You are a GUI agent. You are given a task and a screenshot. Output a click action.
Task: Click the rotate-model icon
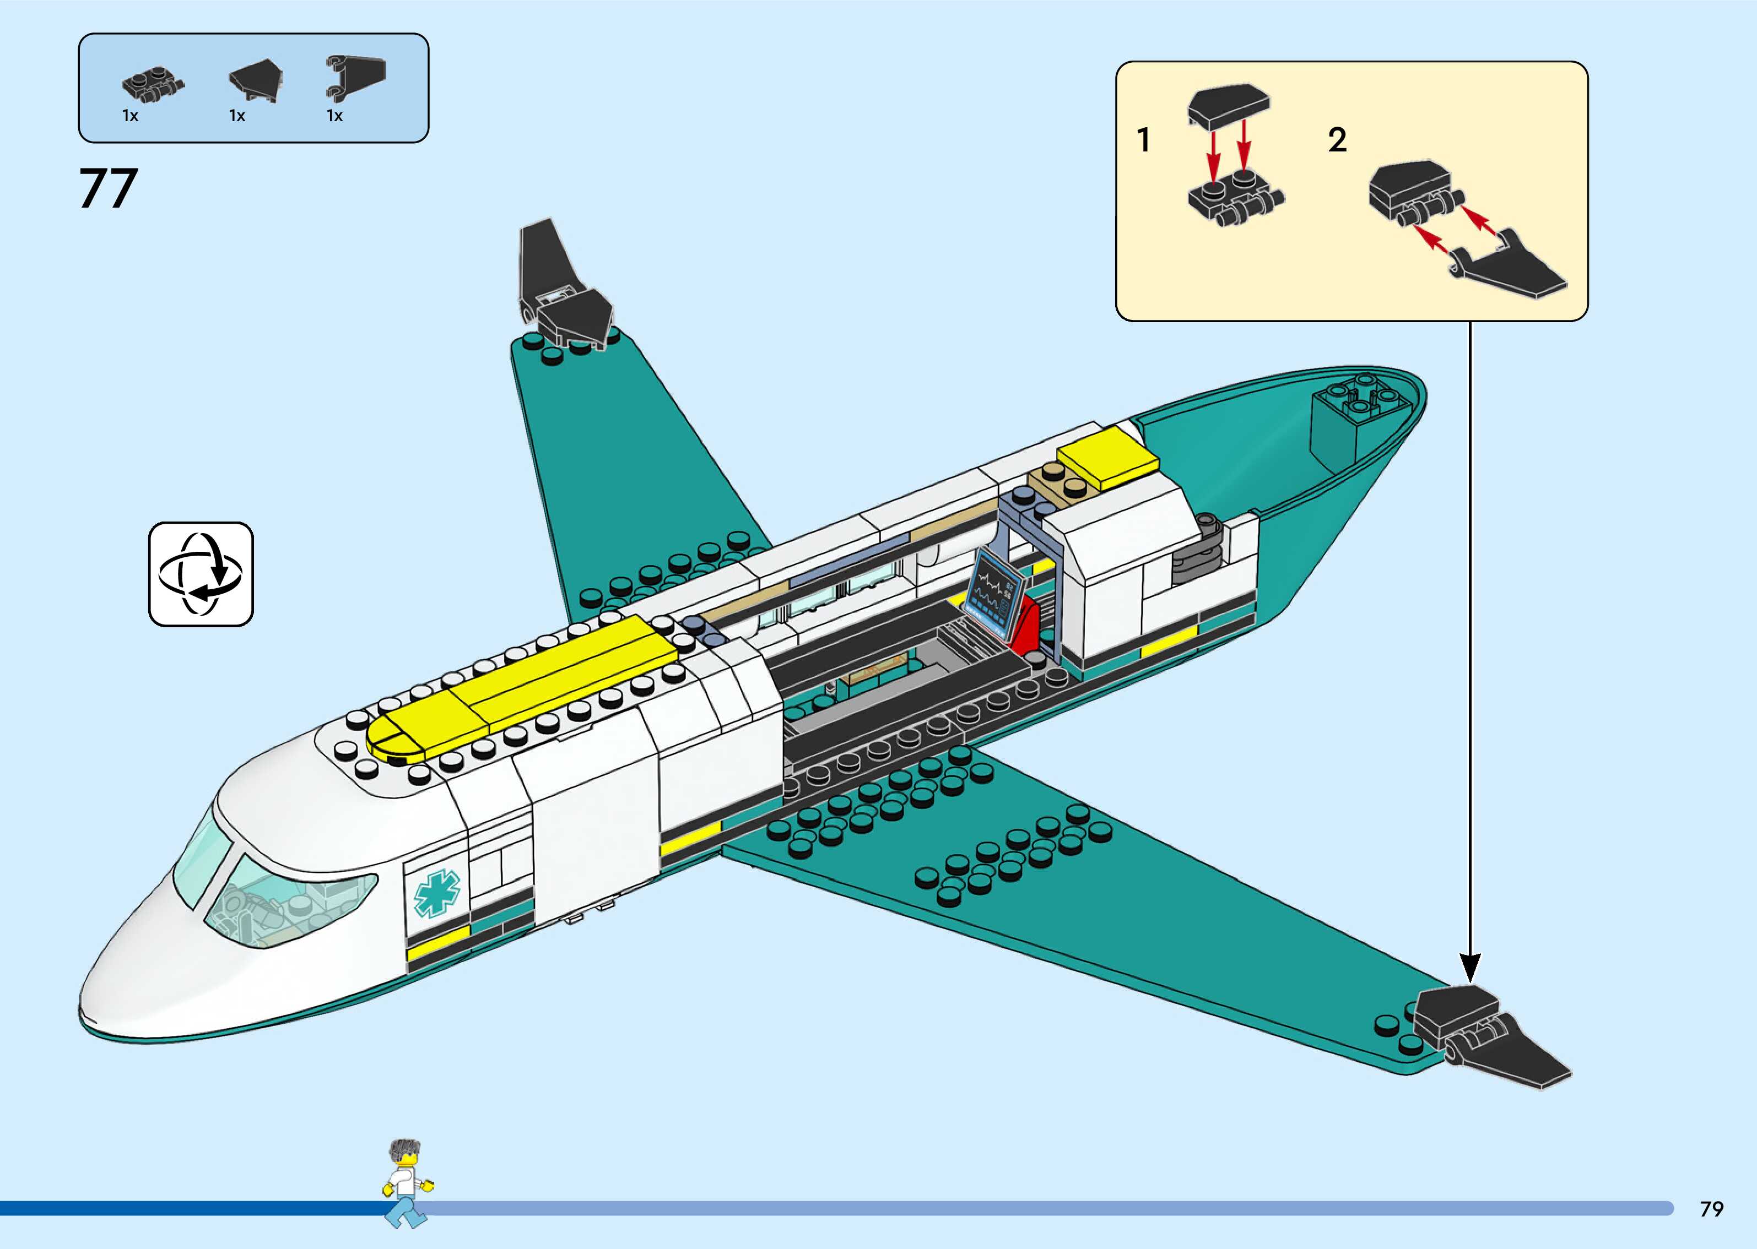(201, 574)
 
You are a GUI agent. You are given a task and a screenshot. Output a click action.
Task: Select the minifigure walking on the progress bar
(406, 1183)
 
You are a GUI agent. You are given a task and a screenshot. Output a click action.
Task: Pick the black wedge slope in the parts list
(257, 80)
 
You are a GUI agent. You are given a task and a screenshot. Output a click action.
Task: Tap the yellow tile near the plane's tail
(1107, 458)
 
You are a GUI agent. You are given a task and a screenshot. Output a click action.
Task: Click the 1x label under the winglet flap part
(334, 116)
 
